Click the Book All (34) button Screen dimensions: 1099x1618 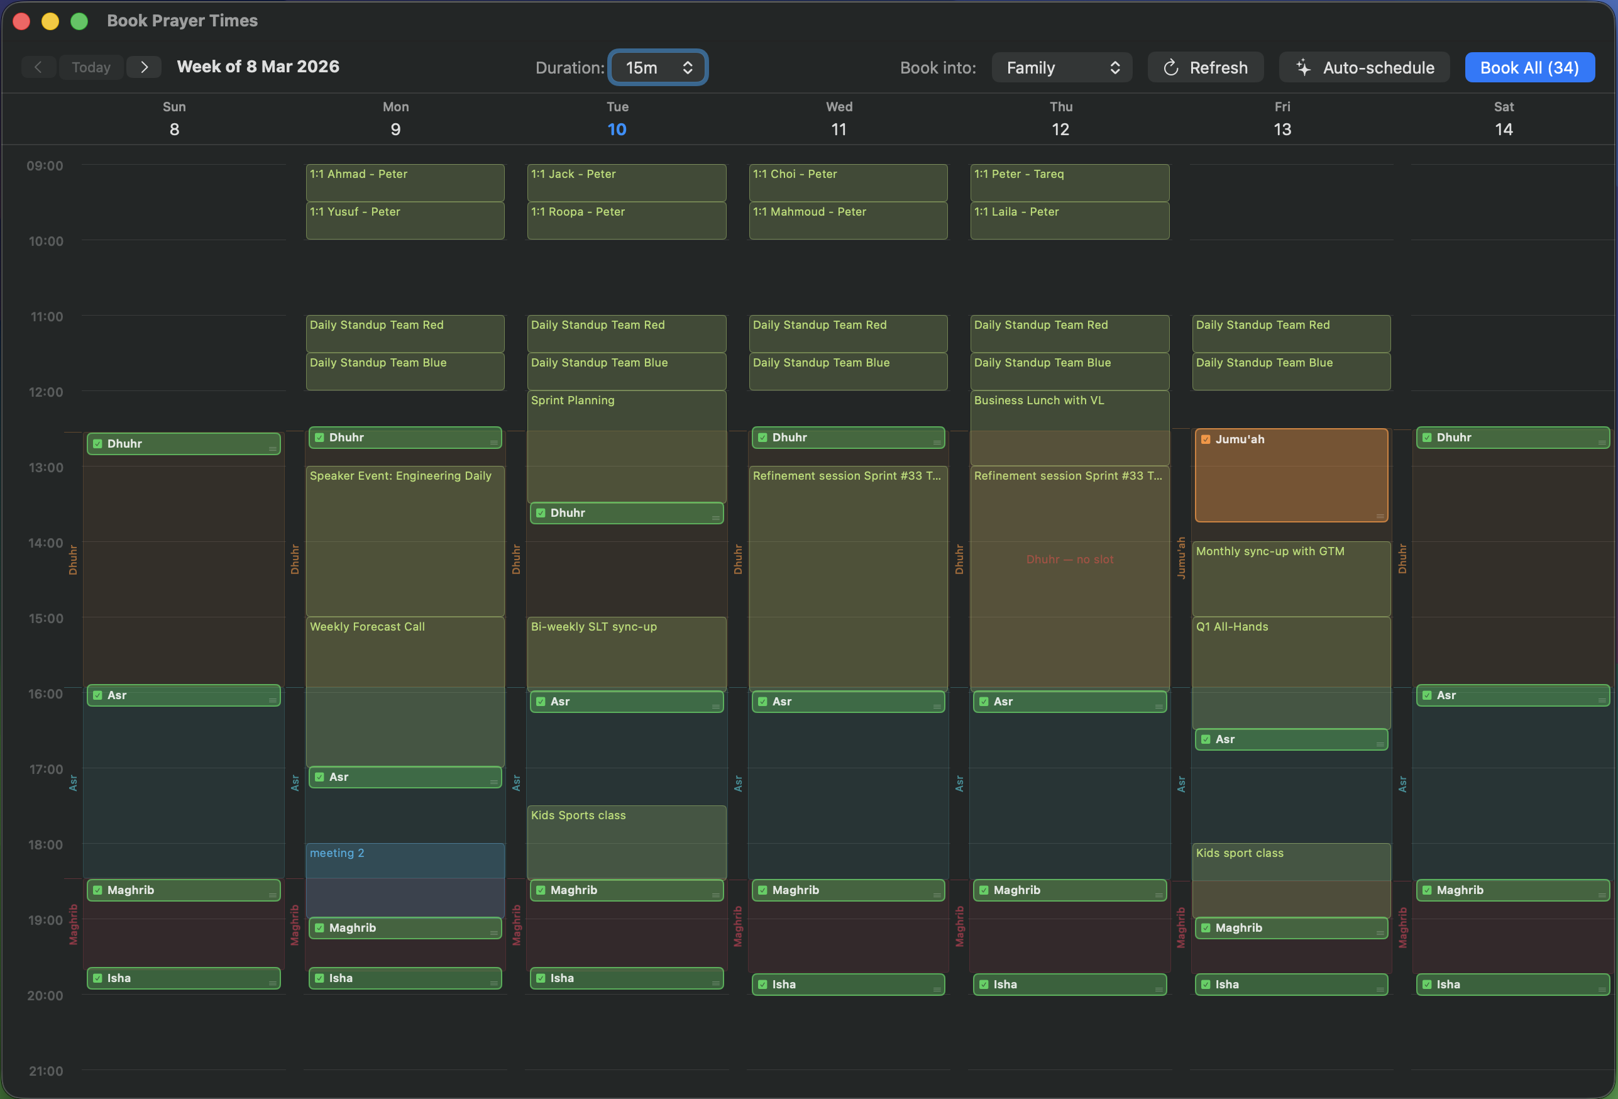click(1529, 67)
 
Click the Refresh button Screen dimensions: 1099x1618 click(1205, 67)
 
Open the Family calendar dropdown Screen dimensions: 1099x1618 click(1061, 67)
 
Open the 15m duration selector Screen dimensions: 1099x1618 click(658, 67)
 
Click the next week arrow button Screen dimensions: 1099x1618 click(144, 67)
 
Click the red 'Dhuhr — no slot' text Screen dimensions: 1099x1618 click(1069, 560)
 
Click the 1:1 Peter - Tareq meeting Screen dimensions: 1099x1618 click(1069, 182)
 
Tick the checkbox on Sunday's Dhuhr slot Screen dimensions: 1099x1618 click(97, 444)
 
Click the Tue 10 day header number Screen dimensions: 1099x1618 click(617, 130)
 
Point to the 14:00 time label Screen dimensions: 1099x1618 click(45, 543)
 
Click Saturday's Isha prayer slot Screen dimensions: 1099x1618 click(1512, 984)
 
